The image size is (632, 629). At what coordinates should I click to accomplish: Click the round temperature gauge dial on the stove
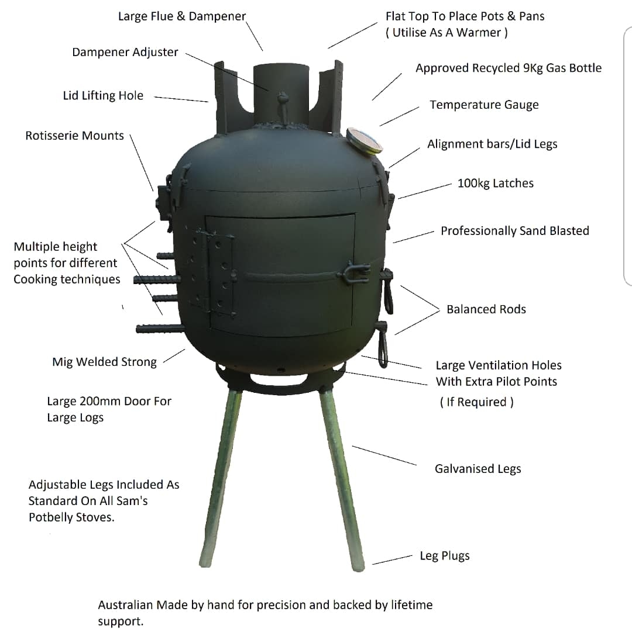pyautogui.click(x=364, y=140)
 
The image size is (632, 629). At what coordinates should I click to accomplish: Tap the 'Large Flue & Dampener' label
pyautogui.click(x=182, y=16)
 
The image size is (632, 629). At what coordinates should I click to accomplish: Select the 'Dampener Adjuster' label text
pyautogui.click(x=125, y=53)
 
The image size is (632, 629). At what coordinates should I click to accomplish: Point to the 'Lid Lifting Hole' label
pyautogui.click(x=103, y=95)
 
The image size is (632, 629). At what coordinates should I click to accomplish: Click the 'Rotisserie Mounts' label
pyautogui.click(x=74, y=135)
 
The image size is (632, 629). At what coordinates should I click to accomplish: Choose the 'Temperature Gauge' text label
pyautogui.click(x=484, y=105)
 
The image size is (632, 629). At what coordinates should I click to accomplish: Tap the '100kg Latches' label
pyautogui.click(x=496, y=183)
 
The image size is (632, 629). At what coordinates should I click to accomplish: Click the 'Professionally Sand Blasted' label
pyautogui.click(x=515, y=231)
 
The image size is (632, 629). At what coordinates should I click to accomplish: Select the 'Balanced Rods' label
pyautogui.click(x=486, y=309)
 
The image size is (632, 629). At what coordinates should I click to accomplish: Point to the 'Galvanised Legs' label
pyautogui.click(x=478, y=469)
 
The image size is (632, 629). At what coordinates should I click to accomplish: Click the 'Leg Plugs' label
pyautogui.click(x=445, y=556)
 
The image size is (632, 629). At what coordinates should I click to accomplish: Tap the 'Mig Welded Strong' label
pyautogui.click(x=104, y=362)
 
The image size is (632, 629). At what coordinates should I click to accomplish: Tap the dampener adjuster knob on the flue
pyautogui.click(x=283, y=97)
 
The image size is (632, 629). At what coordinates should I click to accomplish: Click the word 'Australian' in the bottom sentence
pyautogui.click(x=125, y=605)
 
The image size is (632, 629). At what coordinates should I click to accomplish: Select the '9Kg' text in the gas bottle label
pyautogui.click(x=533, y=68)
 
